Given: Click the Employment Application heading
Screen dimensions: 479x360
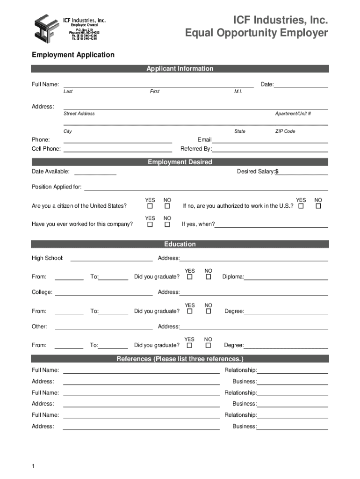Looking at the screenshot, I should click(x=73, y=55).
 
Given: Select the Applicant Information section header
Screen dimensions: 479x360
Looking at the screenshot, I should click(x=180, y=69).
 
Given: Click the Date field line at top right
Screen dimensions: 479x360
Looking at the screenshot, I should click(x=301, y=84).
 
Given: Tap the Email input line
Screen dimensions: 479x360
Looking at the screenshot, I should click(x=270, y=139).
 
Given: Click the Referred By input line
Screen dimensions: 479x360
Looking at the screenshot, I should click(x=270, y=149).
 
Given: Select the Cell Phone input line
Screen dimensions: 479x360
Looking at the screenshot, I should click(x=117, y=149).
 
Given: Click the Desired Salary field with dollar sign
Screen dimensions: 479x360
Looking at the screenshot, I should click(x=302, y=171).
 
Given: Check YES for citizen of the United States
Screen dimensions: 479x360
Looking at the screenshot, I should click(x=150, y=206).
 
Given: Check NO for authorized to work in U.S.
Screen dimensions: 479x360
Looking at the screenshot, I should click(x=319, y=206).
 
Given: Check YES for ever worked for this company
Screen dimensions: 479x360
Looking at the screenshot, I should click(x=150, y=225).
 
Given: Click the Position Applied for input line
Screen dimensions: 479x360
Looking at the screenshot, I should click(x=206, y=187).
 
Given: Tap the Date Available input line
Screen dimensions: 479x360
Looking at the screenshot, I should click(x=95, y=171).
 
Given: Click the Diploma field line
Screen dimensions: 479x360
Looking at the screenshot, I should click(x=286, y=276).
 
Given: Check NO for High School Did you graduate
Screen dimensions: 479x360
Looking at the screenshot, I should click(x=209, y=277).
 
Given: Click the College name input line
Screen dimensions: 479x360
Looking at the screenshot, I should click(x=104, y=292).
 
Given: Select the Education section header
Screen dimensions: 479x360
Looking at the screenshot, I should click(x=180, y=244).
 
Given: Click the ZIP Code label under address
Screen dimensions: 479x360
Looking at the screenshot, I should click(x=285, y=131).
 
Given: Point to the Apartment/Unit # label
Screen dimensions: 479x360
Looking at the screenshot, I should click(x=293, y=114).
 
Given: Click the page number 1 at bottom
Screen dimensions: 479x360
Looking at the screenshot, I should click(x=33, y=467).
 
